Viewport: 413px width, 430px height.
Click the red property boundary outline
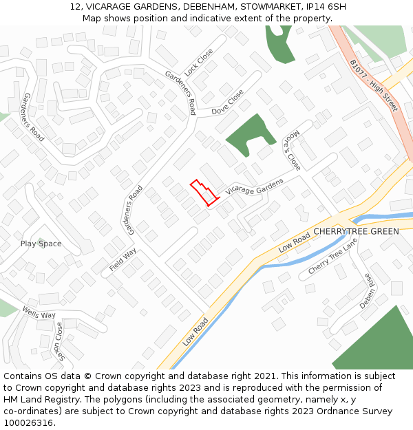coord(204,192)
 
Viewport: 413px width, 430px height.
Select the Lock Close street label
coord(200,62)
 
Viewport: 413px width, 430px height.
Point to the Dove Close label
coord(227,103)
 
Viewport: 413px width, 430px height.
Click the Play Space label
coord(41,244)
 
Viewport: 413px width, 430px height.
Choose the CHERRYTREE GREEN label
coord(356,231)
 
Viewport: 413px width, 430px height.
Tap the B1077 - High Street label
coord(374,85)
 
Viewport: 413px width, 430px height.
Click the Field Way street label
coord(123,262)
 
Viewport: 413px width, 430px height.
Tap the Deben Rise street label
coord(366,290)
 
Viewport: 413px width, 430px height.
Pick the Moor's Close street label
coord(293,150)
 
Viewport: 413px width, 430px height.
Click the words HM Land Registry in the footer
coord(38,399)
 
